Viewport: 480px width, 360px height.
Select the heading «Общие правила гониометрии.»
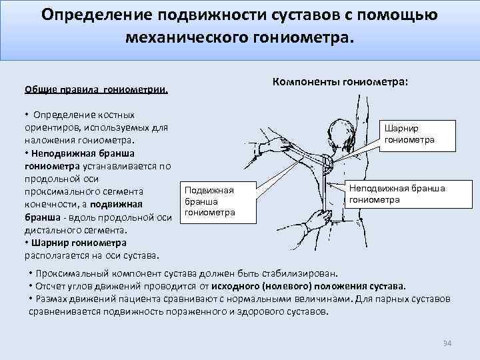click(x=96, y=89)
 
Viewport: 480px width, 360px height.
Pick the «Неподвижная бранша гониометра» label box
click(x=397, y=194)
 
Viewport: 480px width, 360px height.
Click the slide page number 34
click(x=447, y=343)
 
